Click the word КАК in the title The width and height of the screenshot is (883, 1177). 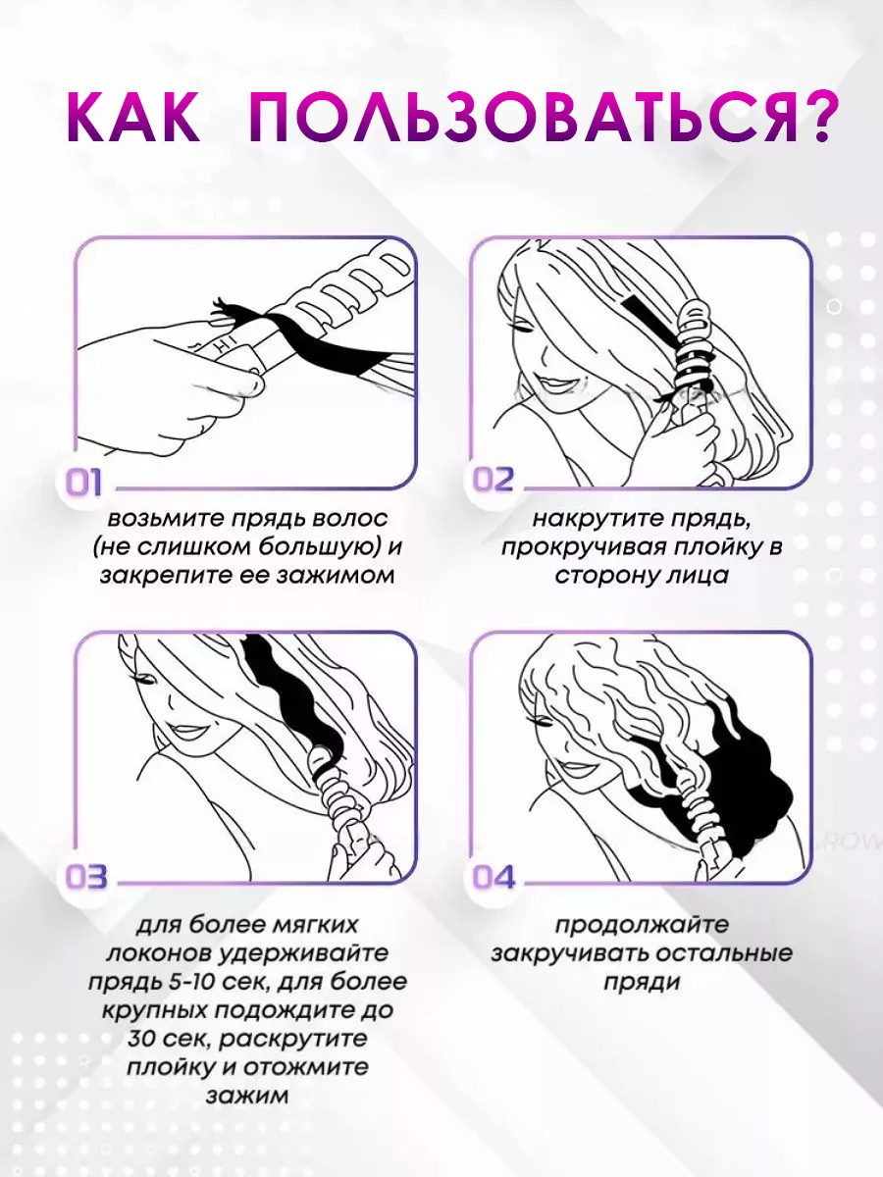click(133, 118)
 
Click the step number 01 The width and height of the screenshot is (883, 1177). click(83, 482)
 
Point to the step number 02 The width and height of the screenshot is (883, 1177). click(493, 480)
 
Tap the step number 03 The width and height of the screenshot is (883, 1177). click(86, 876)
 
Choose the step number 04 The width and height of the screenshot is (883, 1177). click(493, 877)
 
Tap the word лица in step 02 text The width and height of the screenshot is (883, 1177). click(696, 577)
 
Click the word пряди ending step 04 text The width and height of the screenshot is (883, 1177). click(642, 983)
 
